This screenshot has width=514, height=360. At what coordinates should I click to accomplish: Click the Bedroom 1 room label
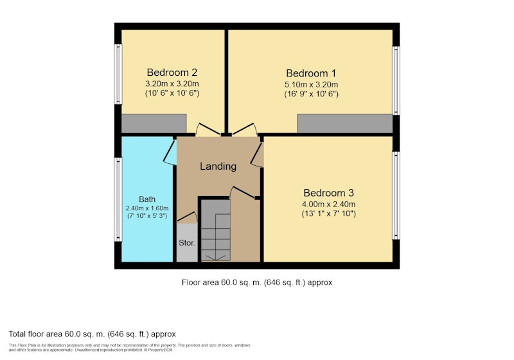[x=311, y=73]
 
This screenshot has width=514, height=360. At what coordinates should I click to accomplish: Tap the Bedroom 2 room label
[x=172, y=72]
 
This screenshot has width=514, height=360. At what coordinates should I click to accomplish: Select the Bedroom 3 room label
[x=328, y=193]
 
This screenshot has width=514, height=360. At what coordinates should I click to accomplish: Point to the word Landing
[x=218, y=166]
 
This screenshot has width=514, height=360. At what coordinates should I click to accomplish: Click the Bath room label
[x=147, y=199]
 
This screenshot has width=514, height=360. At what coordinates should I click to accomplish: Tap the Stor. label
[x=187, y=243]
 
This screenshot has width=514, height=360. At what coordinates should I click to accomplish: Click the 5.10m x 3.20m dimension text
[x=311, y=85]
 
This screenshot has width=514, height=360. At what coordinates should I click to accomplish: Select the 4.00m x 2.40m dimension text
[x=328, y=204]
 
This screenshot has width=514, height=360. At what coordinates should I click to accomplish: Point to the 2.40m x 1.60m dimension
[x=147, y=208]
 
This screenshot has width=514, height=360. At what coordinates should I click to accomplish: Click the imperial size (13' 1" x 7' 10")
[x=328, y=214]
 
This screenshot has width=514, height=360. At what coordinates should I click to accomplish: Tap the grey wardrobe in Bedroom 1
[x=345, y=123]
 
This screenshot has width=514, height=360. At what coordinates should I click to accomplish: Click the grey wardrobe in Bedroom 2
[x=154, y=123]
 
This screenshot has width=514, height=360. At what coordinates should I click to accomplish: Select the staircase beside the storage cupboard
[x=215, y=230]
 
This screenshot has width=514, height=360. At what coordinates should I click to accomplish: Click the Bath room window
[x=118, y=200]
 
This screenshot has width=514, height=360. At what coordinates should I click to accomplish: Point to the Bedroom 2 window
[x=118, y=74]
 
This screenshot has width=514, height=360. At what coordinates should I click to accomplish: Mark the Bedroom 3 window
[x=396, y=195]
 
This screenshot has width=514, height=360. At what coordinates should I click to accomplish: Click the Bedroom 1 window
[x=396, y=80]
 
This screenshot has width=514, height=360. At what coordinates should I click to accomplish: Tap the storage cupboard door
[x=187, y=217]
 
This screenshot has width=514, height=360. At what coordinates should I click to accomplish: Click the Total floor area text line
[x=92, y=334]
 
